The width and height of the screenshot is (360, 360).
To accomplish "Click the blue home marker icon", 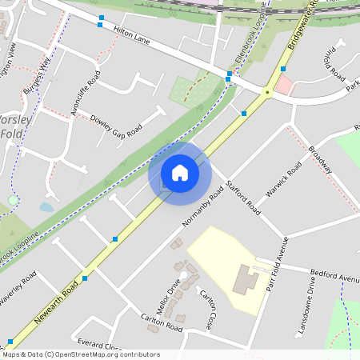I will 180,173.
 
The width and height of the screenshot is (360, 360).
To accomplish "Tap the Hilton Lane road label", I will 133,32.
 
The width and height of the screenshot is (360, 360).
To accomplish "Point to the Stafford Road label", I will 243,197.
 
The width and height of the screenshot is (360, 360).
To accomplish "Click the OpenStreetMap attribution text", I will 81,354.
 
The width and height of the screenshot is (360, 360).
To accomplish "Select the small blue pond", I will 46,206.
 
